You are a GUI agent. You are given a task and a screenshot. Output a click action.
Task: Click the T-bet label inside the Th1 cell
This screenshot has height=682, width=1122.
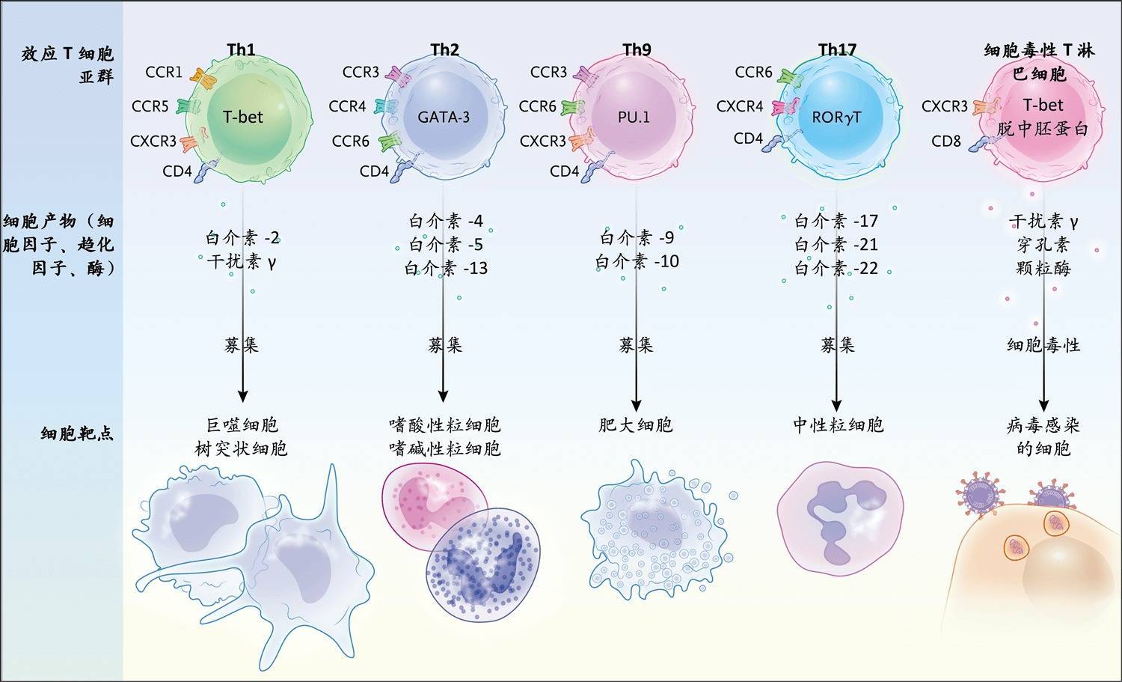pos(242,117)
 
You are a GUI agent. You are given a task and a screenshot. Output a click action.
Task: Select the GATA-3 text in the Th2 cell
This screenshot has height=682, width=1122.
pos(444,117)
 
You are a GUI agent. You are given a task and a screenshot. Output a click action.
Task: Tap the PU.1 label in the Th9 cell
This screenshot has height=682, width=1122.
pos(634,117)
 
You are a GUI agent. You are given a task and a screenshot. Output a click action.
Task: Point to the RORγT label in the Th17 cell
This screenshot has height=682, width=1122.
pos(836,117)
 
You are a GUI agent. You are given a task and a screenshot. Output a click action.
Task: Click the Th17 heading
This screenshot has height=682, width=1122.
pos(837,50)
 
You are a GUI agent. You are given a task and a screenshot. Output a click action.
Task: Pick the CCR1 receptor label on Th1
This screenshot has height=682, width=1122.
pos(164,72)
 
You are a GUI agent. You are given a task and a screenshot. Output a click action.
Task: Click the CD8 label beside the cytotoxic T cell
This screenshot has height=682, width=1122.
pos(946,140)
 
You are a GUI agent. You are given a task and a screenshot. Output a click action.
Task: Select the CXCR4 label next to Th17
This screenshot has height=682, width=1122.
pos(740,106)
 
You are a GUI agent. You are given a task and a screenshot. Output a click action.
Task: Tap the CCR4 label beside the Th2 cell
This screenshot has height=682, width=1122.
pos(347,106)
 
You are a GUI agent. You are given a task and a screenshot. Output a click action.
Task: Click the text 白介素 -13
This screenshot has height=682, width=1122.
pos(446,268)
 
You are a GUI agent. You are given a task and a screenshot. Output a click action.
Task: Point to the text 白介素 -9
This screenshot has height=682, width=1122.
pos(637,238)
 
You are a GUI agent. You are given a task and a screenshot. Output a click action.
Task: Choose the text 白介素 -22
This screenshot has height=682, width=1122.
pos(836,268)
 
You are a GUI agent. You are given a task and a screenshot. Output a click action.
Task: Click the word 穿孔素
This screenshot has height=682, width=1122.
pos(1043,244)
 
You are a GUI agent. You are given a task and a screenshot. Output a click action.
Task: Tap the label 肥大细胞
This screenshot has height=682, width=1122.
pos(636,425)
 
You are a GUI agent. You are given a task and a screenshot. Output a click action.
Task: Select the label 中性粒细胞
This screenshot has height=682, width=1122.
pos(838,425)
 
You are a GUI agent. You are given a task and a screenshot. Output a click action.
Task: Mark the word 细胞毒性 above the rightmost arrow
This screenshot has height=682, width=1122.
pos(1043,345)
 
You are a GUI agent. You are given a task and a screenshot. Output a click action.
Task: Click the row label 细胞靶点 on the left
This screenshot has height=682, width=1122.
pos(77,433)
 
